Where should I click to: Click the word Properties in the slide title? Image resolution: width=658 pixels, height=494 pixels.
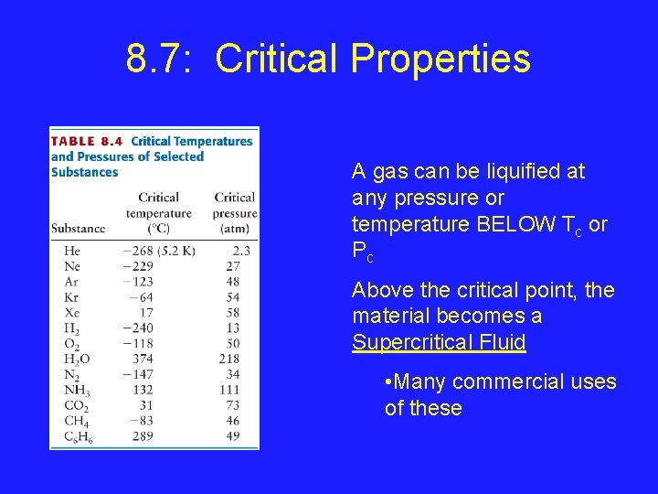440,59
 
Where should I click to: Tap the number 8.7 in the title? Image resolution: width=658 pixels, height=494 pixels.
157,59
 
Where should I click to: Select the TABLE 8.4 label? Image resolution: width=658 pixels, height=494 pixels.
87,142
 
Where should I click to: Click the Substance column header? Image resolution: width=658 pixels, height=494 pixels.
78,228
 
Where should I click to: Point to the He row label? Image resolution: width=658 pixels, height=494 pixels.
72,250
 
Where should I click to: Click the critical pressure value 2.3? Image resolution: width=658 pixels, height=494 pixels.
241,250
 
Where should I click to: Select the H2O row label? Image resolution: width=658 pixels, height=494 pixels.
77,360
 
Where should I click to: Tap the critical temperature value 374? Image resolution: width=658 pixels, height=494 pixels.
143,360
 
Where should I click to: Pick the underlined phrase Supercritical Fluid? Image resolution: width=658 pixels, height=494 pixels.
439,343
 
